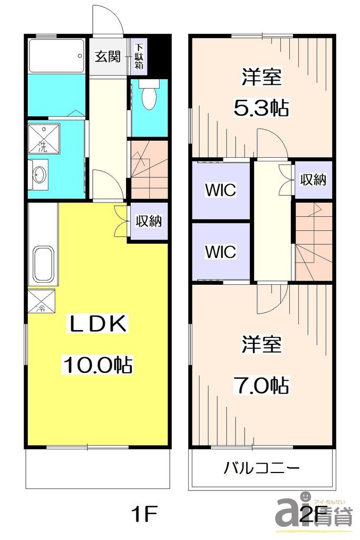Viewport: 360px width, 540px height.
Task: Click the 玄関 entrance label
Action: tap(108, 56)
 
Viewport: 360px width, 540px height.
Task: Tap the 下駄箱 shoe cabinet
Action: tap(139, 56)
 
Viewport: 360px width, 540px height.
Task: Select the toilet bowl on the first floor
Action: tap(149, 94)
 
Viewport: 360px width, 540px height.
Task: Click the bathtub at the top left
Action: tap(56, 56)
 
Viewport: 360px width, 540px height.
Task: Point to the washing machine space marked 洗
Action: tap(44, 139)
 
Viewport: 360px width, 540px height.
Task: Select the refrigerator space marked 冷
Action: tap(41, 301)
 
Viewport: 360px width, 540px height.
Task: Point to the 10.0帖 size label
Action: tap(98, 365)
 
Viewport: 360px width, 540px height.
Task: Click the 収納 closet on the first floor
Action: tap(149, 221)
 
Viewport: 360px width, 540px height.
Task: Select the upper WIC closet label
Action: tap(221, 190)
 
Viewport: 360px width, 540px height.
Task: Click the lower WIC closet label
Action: tap(221, 252)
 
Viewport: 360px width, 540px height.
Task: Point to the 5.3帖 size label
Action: tap(260, 108)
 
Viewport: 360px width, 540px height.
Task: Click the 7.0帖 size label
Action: tap(260, 385)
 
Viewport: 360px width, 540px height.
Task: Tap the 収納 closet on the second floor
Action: tap(313, 180)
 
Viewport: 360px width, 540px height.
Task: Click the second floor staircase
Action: tap(314, 241)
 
